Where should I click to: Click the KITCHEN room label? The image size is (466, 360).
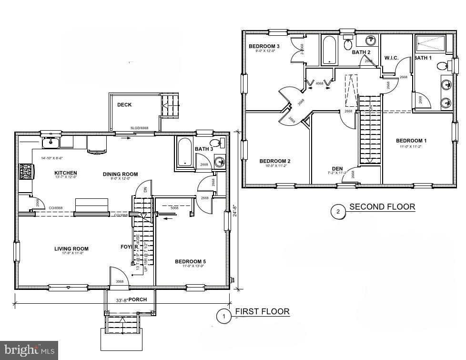point(65,173)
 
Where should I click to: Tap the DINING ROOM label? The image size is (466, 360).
point(120,174)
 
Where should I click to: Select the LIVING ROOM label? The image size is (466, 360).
point(71,248)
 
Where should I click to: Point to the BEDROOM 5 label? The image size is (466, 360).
point(191,261)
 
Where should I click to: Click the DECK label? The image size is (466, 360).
point(124,105)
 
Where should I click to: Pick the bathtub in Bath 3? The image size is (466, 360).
point(185,153)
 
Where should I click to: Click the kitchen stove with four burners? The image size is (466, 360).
point(25,171)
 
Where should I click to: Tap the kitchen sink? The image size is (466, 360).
point(49,142)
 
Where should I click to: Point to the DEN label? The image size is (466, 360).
point(337,169)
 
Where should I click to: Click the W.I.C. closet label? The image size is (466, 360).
point(391,58)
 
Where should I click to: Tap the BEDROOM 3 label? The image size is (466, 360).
point(263,46)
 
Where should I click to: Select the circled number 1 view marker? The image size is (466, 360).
point(223,316)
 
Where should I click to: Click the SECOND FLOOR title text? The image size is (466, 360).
point(382,207)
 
